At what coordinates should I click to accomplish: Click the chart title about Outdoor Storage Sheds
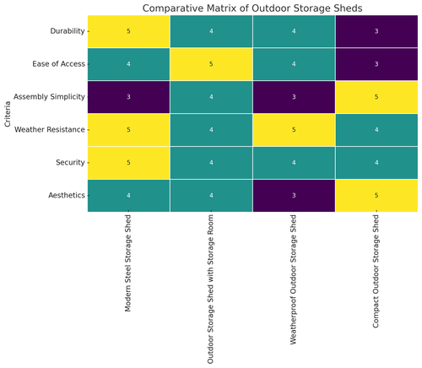click(x=252, y=8)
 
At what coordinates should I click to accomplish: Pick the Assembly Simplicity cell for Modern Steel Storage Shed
click(x=128, y=97)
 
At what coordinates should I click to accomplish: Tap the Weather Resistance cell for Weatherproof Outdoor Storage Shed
click(x=293, y=130)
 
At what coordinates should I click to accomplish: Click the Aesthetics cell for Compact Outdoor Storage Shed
click(x=376, y=194)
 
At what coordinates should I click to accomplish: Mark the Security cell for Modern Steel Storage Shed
click(x=128, y=162)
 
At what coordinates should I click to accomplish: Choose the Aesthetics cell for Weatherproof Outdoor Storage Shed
click(x=293, y=194)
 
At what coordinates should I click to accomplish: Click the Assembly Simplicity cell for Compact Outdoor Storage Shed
click(x=376, y=97)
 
